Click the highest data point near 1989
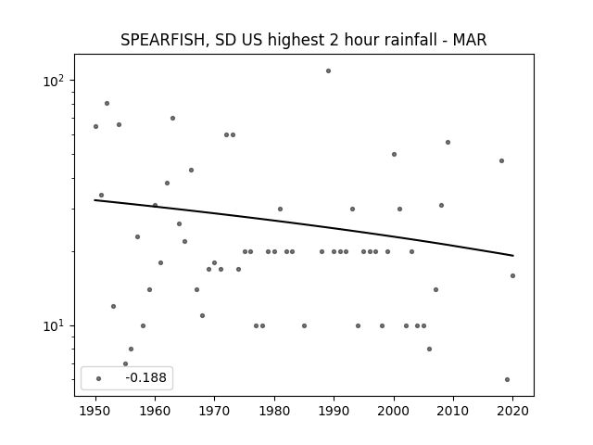pyautogui.click(x=328, y=70)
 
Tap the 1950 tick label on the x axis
pyautogui.click(x=95, y=411)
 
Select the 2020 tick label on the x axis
pyautogui.click(x=512, y=411)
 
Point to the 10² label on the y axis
pyautogui.click(x=54, y=81)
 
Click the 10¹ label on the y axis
pyautogui.click(x=54, y=325)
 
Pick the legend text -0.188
pyautogui.click(x=145, y=377)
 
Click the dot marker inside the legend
pyautogui.click(x=99, y=378)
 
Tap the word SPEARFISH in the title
pyautogui.click(x=163, y=40)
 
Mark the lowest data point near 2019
pyautogui.click(x=507, y=379)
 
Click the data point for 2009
pyautogui.click(x=448, y=142)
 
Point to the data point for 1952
pyautogui.click(x=107, y=103)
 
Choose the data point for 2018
pyautogui.click(x=501, y=160)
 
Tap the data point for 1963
pyautogui.click(x=172, y=118)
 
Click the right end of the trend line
pyautogui.click(x=513, y=256)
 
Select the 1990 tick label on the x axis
pyautogui.click(x=334, y=411)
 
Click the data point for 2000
pyautogui.click(x=394, y=155)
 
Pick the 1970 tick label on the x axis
pyautogui.click(x=214, y=411)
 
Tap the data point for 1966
pyautogui.click(x=192, y=171)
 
